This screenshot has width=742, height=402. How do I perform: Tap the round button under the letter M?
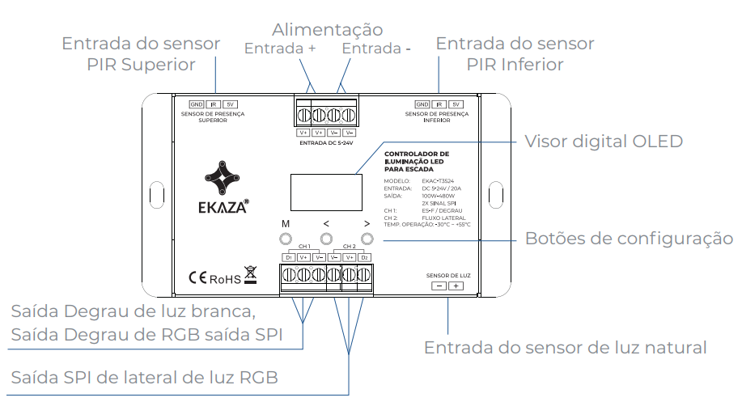pos(286,239)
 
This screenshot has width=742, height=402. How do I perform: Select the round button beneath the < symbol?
pos(327,239)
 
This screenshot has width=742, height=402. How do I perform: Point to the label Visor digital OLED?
pos(604,142)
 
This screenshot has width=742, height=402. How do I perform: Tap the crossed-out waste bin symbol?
pos(250,276)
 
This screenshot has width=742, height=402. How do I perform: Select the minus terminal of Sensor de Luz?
pos(438,286)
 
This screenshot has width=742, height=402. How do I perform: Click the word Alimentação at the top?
pos(327,30)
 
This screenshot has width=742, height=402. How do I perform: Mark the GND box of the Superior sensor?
pos(197,104)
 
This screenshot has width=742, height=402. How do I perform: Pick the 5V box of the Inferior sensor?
pos(456,104)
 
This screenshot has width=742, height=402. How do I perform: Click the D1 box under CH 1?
pos(288,257)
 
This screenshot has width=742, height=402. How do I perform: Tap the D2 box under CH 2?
pos(365,257)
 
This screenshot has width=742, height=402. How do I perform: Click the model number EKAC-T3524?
pos(439,181)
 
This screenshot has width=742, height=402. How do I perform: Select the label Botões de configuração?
pos(629,239)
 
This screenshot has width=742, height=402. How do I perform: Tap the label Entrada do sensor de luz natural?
pos(566,348)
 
